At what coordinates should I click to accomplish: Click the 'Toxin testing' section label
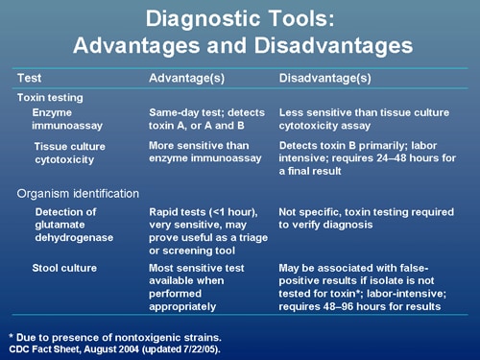50,97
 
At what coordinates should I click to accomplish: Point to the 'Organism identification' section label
78,194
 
